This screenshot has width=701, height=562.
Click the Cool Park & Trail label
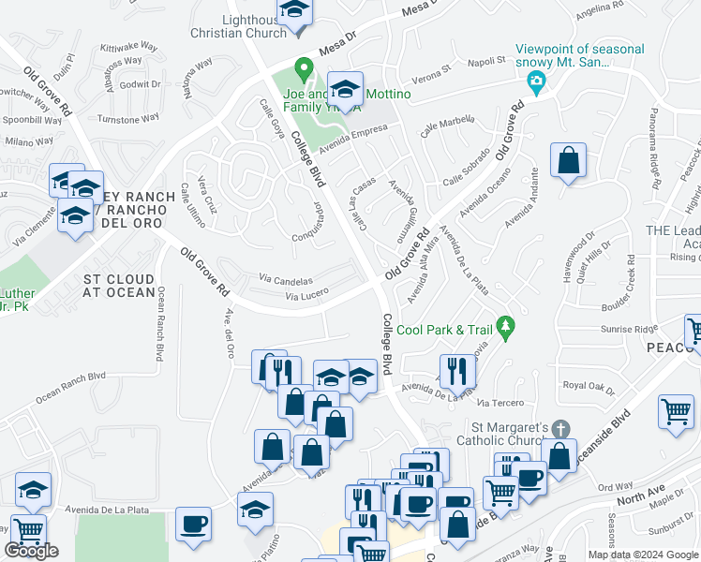444,330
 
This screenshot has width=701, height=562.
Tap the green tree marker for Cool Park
506,326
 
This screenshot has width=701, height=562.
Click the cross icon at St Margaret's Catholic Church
560,428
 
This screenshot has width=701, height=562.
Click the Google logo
32,551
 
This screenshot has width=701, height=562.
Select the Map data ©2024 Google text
643,555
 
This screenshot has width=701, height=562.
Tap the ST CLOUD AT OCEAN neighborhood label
119,286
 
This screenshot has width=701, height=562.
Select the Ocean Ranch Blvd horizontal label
71,386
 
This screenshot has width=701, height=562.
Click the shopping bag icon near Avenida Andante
568,161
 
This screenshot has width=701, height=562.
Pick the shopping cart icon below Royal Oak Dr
676,411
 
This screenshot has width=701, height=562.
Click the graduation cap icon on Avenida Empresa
346,90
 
